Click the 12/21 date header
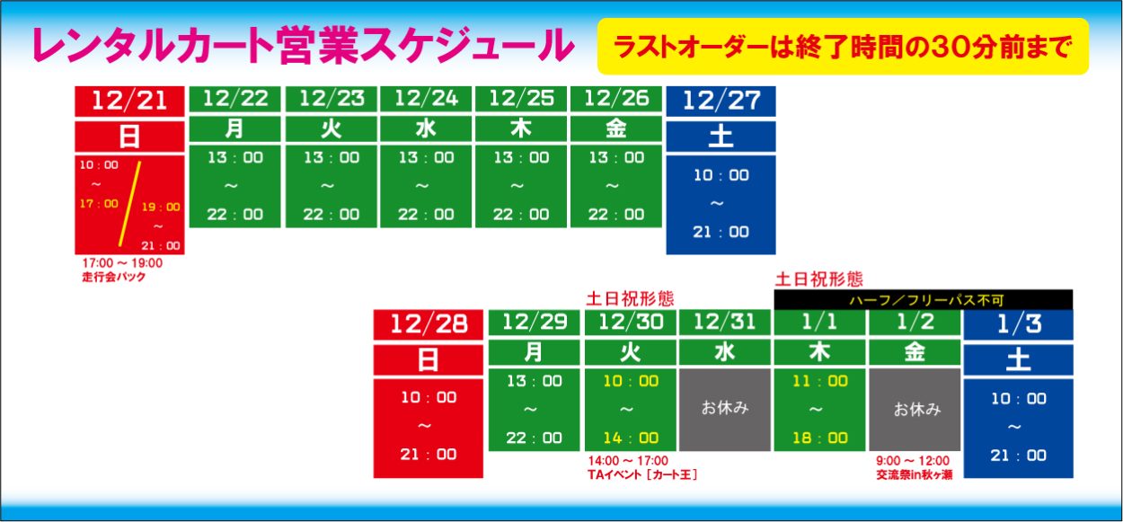(x=130, y=102)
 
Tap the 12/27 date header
(x=721, y=102)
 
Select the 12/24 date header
(x=426, y=99)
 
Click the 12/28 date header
(x=429, y=324)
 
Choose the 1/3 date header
(x=1018, y=324)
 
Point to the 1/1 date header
(x=819, y=322)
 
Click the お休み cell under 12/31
(x=724, y=410)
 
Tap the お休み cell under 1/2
(x=915, y=410)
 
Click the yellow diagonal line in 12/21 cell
(x=130, y=204)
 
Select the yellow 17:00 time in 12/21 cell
(x=99, y=204)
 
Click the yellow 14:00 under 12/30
(x=631, y=438)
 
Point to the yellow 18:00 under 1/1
(x=820, y=438)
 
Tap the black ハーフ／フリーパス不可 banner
(x=924, y=300)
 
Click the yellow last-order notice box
(x=843, y=46)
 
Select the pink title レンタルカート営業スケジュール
(x=303, y=46)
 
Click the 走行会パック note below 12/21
(x=114, y=277)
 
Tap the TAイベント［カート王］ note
(x=642, y=474)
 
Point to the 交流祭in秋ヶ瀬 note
(x=914, y=474)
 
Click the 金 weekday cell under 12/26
(x=616, y=128)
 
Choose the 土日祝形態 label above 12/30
(x=630, y=299)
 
